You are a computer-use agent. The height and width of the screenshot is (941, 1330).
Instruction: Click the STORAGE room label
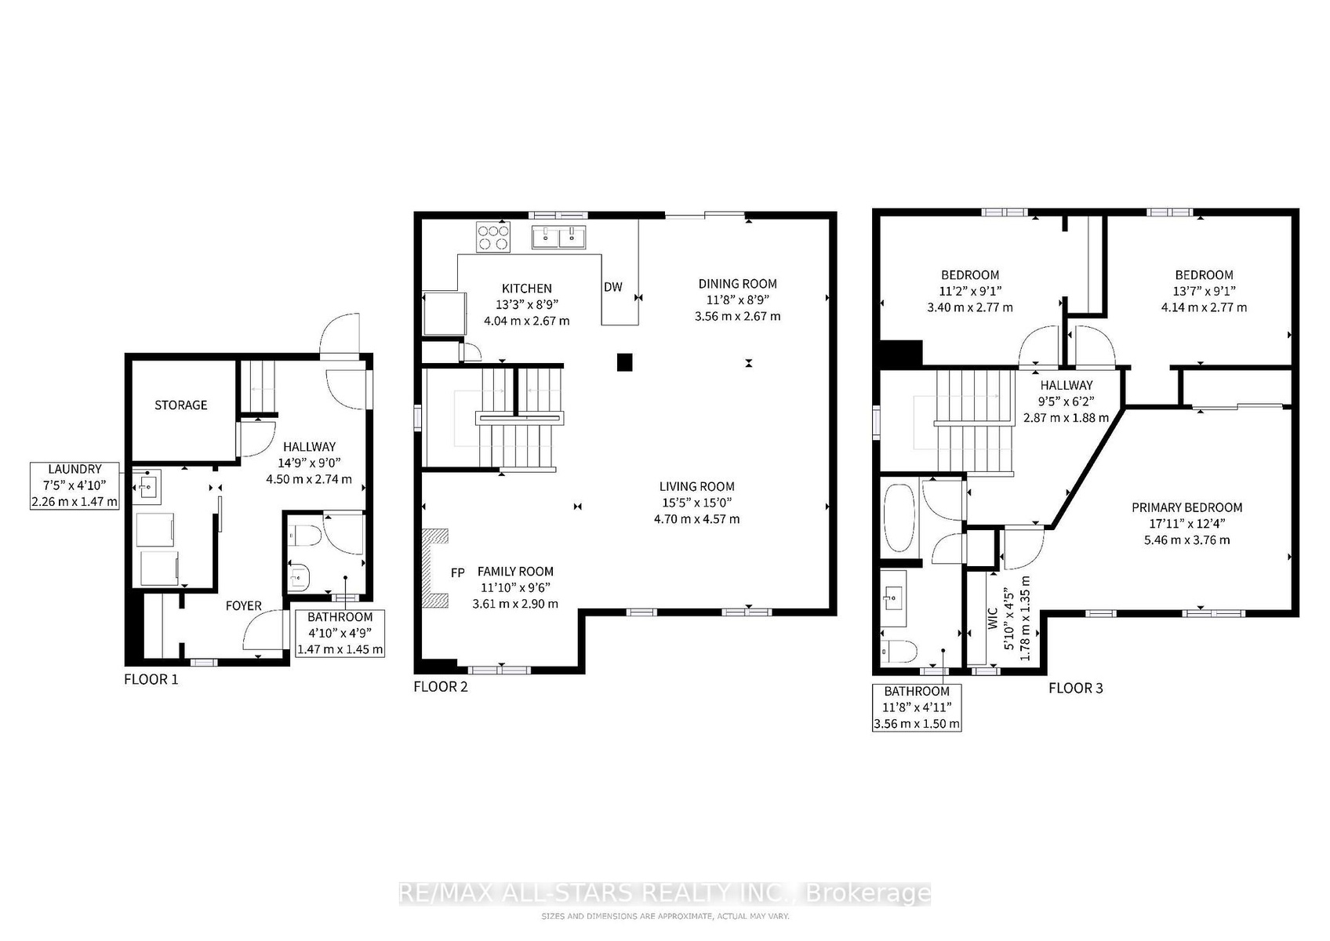(x=180, y=405)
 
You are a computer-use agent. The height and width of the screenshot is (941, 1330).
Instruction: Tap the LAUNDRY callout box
(x=74, y=485)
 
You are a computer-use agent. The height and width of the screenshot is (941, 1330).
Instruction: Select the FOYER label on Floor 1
(x=243, y=605)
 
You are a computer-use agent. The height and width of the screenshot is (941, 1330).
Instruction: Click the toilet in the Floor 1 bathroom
(x=303, y=536)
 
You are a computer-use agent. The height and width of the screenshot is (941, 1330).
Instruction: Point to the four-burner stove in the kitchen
(x=492, y=237)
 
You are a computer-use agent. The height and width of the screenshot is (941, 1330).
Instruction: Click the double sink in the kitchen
(x=558, y=237)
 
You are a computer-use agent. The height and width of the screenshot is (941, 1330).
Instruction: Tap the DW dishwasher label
(x=612, y=287)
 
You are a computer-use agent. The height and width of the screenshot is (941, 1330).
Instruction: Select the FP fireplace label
(x=457, y=573)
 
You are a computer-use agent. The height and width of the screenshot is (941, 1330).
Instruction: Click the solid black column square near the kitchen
(x=624, y=362)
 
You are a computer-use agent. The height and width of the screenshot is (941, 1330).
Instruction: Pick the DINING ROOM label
(x=737, y=284)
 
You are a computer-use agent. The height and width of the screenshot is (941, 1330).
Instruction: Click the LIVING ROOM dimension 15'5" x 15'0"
(x=696, y=503)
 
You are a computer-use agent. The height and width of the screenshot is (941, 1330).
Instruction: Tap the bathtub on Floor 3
(x=899, y=518)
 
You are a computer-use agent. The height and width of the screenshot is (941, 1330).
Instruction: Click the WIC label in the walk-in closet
(x=992, y=618)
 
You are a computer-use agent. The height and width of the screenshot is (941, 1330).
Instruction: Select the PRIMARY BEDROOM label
(x=1186, y=507)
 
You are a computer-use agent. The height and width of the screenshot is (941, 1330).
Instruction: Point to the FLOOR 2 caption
(x=441, y=687)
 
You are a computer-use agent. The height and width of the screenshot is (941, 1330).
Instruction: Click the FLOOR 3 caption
(x=1076, y=688)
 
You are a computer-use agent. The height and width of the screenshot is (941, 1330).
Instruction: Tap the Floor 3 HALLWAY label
(x=1067, y=385)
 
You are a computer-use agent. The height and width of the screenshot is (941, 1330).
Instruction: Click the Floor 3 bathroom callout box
(x=917, y=707)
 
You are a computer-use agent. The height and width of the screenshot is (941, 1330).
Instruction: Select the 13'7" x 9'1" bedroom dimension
(x=1204, y=291)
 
